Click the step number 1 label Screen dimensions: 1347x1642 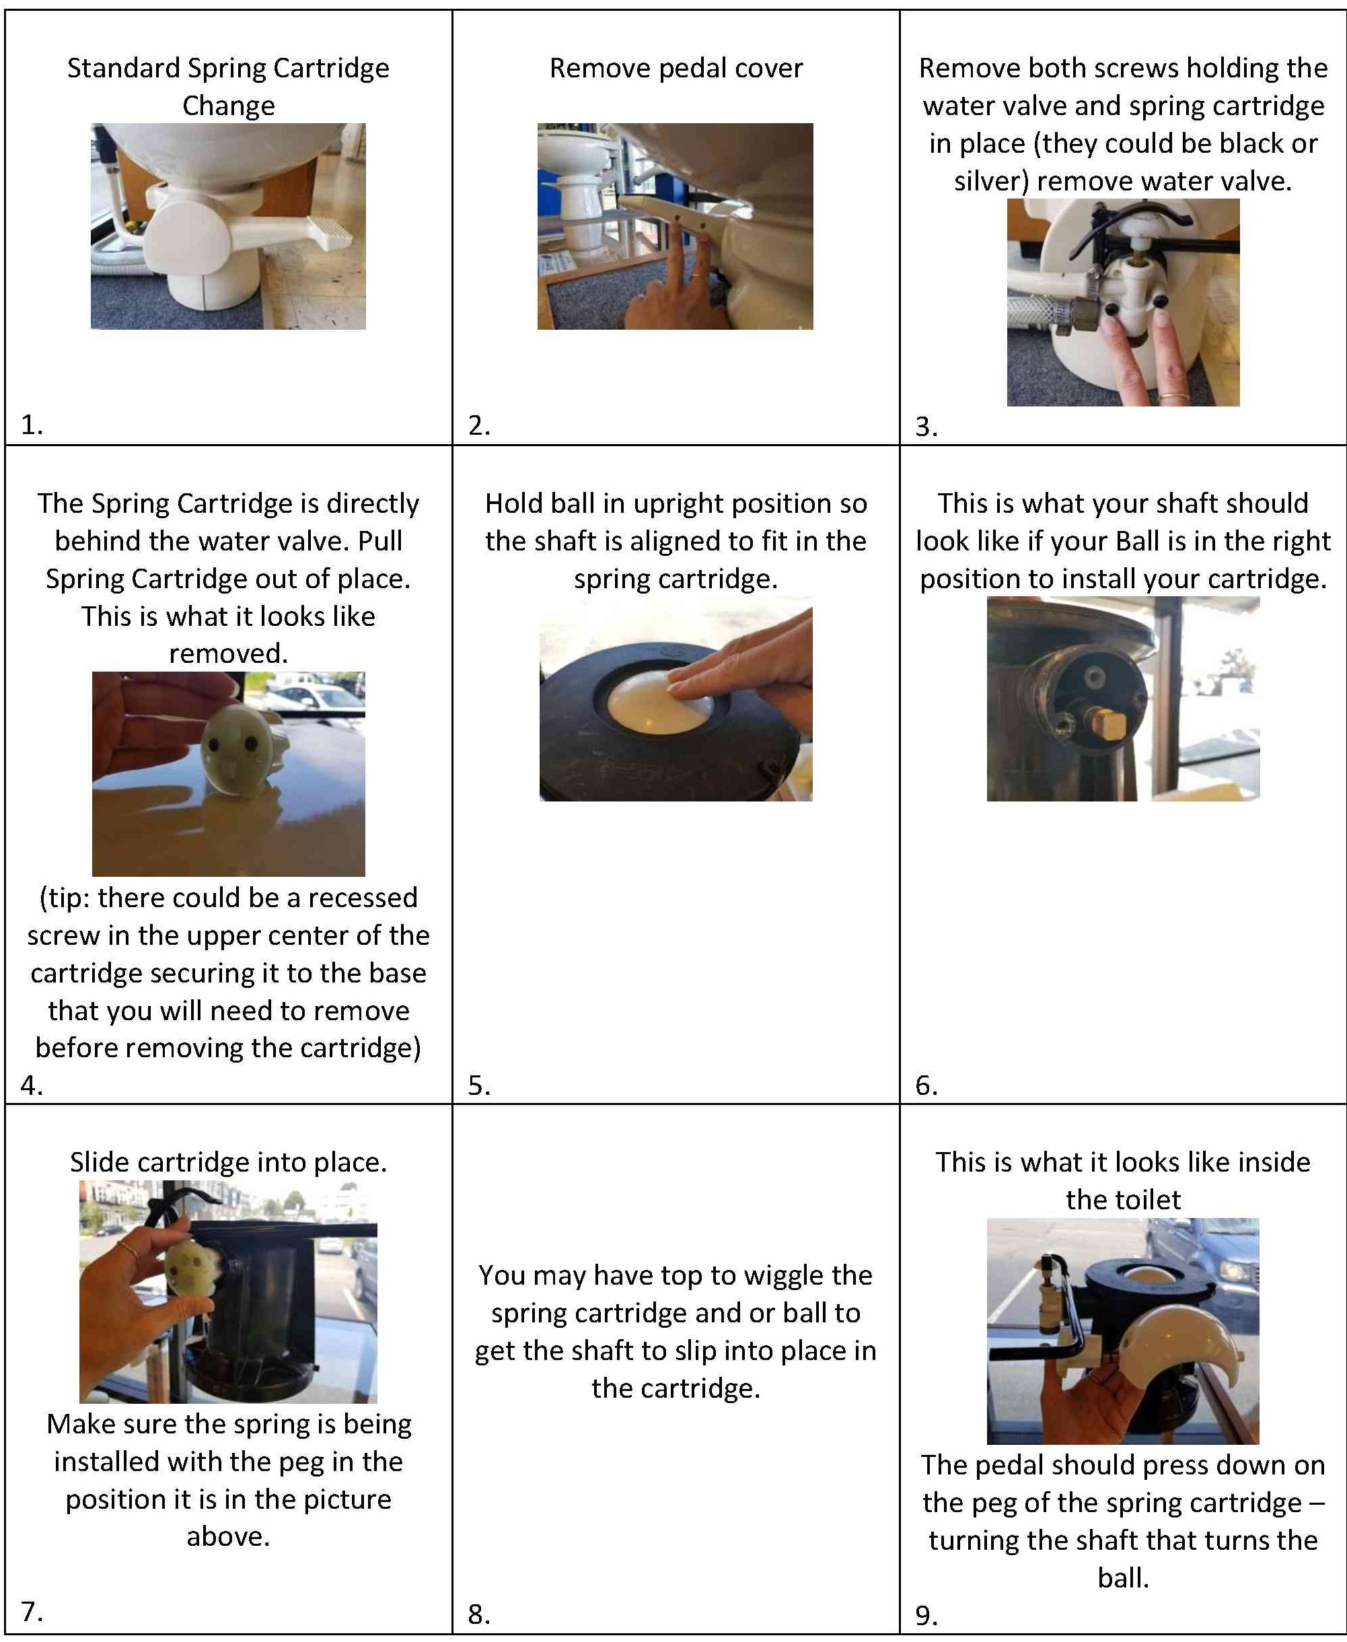(32, 425)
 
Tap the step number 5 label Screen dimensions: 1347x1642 (479, 1085)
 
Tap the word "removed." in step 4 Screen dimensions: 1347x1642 (228, 653)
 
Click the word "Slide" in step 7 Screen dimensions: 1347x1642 (98, 1162)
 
